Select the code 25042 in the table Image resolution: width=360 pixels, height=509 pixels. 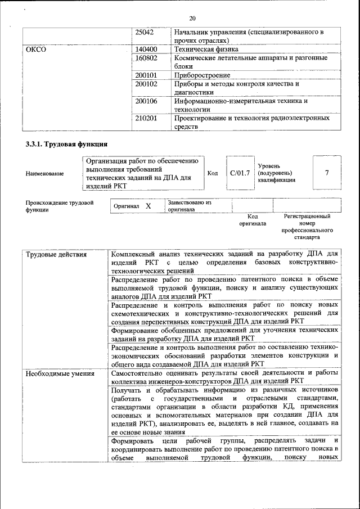(146, 32)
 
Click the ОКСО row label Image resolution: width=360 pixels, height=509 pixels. (36, 49)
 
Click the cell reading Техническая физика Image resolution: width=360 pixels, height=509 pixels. (206, 49)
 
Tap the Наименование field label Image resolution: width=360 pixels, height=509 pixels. (44, 174)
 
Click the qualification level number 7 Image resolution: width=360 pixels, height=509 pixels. (327, 173)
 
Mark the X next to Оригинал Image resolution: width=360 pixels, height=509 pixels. (148, 206)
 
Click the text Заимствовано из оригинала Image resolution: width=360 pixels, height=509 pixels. (188, 205)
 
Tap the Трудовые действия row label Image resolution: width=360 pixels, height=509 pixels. (56, 255)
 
